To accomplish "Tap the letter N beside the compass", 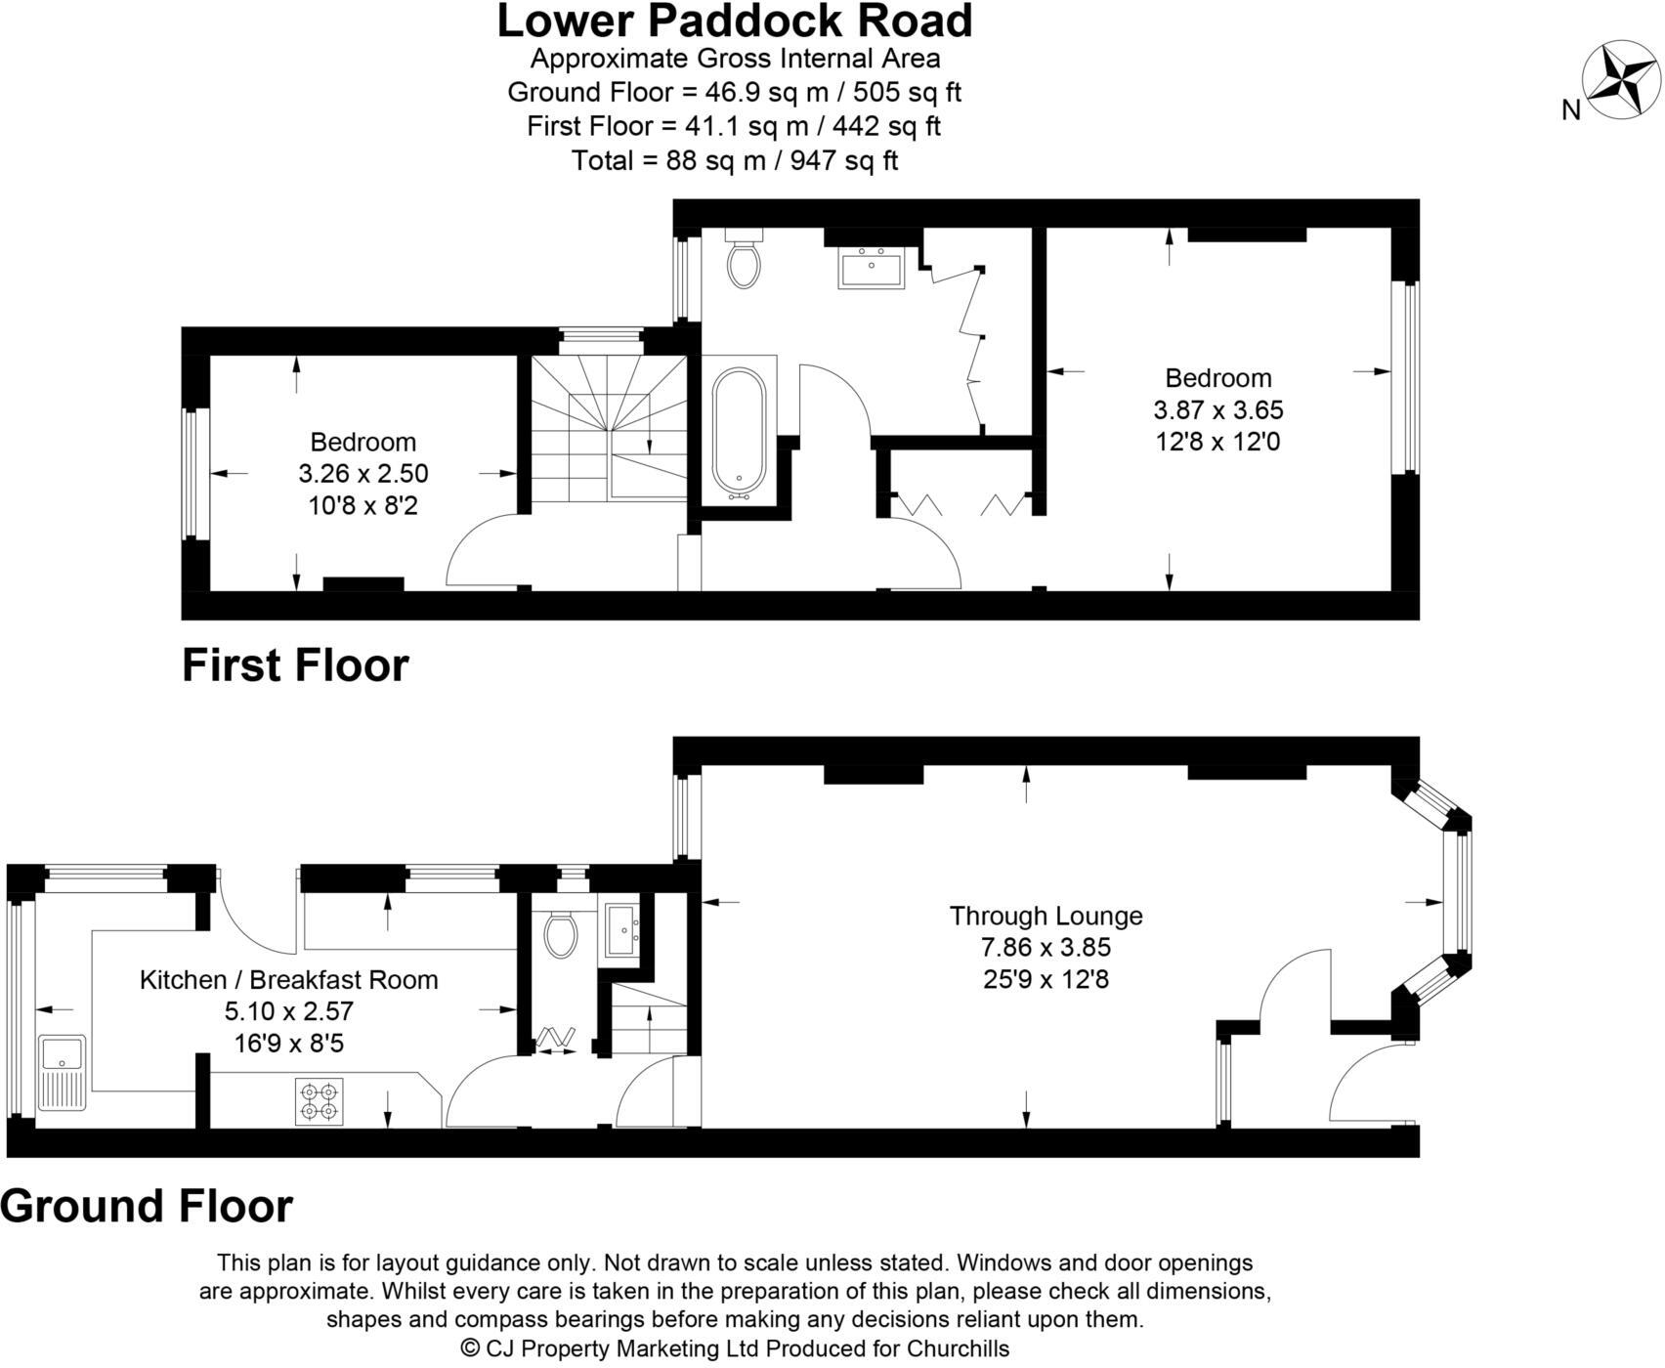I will coord(1571,110).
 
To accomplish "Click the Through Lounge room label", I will coord(1046,916).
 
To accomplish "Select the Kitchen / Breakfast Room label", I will coord(288,979).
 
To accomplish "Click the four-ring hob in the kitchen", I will coord(320,1099).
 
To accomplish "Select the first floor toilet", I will coord(744,260).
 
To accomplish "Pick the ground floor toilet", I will coord(561,933).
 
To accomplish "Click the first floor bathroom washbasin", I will coord(872,267).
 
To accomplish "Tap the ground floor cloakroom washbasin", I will coord(622,929).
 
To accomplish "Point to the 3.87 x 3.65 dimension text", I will coord(1218,409).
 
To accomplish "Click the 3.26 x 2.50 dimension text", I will coord(363,474).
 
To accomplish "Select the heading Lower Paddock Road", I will coord(735,21).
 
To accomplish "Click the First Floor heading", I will coord(295,665).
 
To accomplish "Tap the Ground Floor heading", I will coord(147,1206).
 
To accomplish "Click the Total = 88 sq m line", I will coord(735,160).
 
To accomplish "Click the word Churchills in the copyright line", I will coord(958,1348).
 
